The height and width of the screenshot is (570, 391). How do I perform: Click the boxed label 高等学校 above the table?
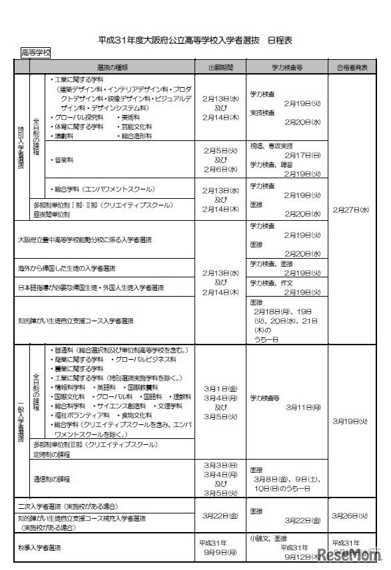coord(35,53)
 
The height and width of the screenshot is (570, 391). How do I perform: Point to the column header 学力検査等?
coord(287,67)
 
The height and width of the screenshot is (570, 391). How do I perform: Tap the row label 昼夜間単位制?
coord(51,214)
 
